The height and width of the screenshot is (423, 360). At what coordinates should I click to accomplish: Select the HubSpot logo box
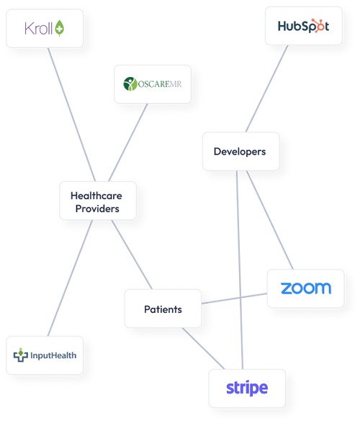pyautogui.click(x=303, y=26)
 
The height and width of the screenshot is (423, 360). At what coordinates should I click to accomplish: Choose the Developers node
pyautogui.click(x=240, y=151)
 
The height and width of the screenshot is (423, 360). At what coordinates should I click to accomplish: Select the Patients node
pyautogui.click(x=163, y=309)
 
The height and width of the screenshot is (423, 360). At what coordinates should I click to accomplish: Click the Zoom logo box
pyautogui.click(x=305, y=288)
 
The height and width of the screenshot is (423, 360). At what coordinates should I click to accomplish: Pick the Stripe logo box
pyautogui.click(x=246, y=388)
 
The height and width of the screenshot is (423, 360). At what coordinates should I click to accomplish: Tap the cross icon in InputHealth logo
pyautogui.click(x=22, y=355)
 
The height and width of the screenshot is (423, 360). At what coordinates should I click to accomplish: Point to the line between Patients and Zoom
pyautogui.click(x=234, y=299)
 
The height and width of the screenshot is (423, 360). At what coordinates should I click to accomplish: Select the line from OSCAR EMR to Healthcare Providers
pyautogui.click(x=128, y=142)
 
